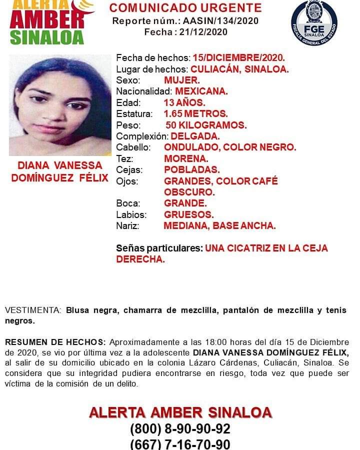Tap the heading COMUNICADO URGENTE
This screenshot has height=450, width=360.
[x=185, y=8]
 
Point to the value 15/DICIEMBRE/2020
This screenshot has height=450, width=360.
[x=239, y=58]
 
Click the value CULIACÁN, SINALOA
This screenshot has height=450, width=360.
[x=239, y=69]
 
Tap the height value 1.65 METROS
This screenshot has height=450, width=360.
[x=196, y=113]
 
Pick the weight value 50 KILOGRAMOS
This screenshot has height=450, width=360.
[x=206, y=125]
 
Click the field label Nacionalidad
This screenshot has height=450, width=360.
[x=144, y=91]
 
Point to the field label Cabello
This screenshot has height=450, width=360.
[x=133, y=147]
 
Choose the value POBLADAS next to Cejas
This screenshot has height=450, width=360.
[x=192, y=170]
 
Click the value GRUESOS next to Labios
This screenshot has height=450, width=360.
[x=189, y=215]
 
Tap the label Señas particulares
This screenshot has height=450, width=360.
[x=159, y=248]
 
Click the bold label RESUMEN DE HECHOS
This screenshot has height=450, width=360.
[x=55, y=342]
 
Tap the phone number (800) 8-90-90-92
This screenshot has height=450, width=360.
[x=180, y=429]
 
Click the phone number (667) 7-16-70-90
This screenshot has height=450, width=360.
[x=180, y=444]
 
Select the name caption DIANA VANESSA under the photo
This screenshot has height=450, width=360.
[x=59, y=165]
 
